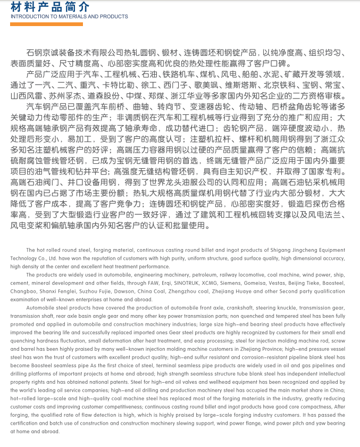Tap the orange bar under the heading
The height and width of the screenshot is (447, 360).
[x=47, y=24]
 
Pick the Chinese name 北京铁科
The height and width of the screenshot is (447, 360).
[x=280, y=85]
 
